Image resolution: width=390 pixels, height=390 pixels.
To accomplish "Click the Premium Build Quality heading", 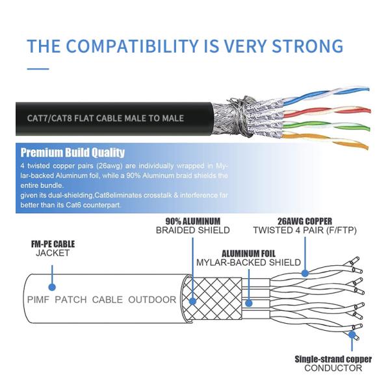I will coord(72,153).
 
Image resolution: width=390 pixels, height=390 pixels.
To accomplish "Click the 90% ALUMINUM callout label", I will coord(192,221).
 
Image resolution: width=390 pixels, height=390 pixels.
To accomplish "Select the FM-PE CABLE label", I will coord(53,244).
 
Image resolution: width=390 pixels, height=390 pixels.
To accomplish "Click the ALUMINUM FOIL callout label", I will coord(248,253).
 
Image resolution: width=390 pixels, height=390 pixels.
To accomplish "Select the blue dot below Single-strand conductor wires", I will coord(352,335).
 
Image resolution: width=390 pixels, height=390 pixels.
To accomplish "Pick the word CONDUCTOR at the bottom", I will coord(333,369).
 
